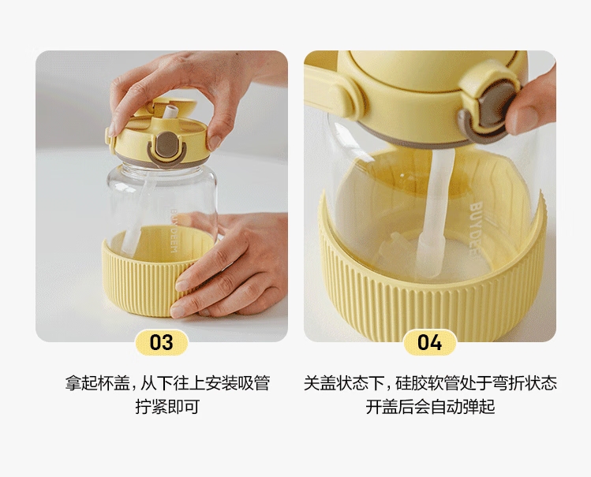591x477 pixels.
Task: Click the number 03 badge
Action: coord(162,342)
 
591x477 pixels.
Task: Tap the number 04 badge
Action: coord(430,342)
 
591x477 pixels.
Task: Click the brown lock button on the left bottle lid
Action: coord(166,145)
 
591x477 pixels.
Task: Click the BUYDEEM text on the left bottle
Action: coord(174,231)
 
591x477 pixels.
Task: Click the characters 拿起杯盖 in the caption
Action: coord(97,384)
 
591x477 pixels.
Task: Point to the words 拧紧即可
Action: coord(167,407)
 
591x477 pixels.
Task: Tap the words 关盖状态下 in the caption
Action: coord(344,384)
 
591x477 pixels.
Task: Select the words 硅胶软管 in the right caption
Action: coord(428,384)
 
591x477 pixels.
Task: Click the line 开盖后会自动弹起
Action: coord(430,407)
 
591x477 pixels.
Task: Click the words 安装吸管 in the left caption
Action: coord(238,384)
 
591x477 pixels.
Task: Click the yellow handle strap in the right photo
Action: coord(328,91)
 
